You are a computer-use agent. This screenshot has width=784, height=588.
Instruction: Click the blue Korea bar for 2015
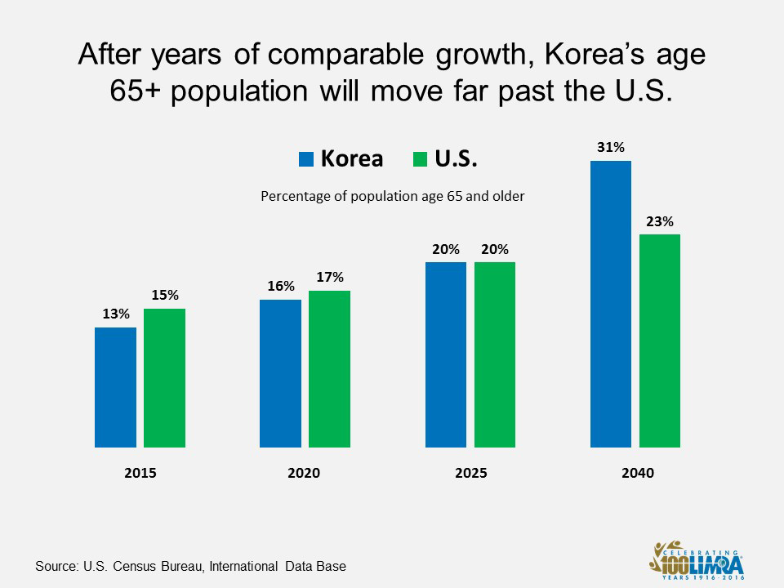pos(115,387)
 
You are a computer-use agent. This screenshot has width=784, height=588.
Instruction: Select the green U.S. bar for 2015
pos(165,378)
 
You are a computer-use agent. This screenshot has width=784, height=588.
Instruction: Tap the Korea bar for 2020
pos(280,373)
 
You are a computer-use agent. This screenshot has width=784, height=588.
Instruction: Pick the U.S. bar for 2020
pos(329,369)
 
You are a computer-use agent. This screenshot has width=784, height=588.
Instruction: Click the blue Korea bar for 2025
pos(446,354)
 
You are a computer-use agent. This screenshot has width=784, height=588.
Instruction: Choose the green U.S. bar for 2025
pos(495,354)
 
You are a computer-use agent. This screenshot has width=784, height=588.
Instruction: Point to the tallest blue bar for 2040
pos(611,304)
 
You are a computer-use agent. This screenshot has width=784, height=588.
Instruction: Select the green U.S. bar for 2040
pos(660,341)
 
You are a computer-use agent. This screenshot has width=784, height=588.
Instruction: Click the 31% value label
pos(611,148)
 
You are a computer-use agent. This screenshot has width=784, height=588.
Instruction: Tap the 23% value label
pos(660,221)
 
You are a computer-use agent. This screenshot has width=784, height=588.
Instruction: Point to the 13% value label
pos(115,314)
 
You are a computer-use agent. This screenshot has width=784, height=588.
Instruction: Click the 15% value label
pos(165,296)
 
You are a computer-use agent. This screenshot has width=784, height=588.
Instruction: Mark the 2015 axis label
pos(140,473)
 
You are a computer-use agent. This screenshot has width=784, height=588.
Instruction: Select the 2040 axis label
pos(636,473)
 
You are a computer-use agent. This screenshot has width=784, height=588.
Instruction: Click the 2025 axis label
pos(470,473)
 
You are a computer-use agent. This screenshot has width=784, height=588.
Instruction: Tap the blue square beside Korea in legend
pos(306,159)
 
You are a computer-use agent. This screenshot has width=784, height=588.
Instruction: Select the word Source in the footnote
pos(56,565)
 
